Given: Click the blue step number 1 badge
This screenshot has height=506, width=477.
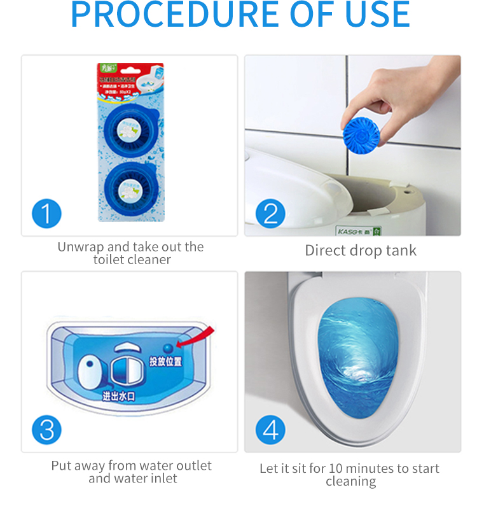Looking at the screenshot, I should (46, 213).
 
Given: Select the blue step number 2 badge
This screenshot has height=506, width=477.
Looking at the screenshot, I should (270, 213).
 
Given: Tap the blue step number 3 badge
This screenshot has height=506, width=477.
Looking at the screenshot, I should (46, 430).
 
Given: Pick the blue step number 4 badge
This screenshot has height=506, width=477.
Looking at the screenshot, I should (270, 430).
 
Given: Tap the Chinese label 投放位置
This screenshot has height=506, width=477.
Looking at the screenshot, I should (165, 362).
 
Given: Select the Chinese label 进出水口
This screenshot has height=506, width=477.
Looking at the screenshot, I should (118, 396).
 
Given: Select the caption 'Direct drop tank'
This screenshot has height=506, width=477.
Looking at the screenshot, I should (361, 250).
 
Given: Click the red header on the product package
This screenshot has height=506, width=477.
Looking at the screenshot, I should (131, 69).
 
